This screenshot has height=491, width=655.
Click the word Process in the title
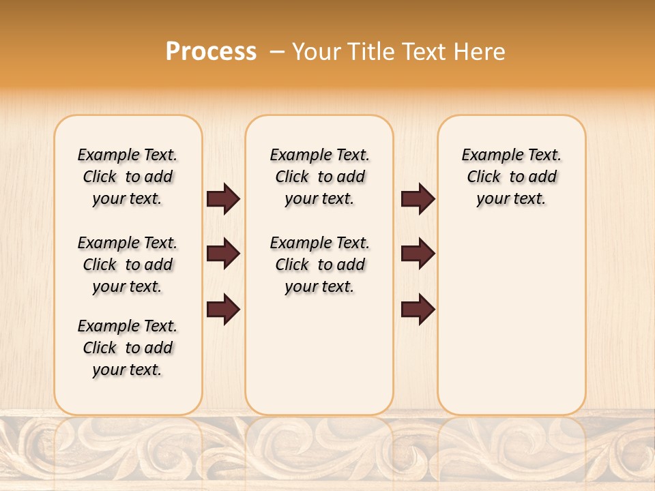tap(211, 51)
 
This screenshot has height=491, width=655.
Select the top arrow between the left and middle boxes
tap(223, 198)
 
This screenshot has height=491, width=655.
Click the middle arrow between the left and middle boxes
tap(223, 254)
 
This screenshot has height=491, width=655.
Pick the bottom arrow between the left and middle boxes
tap(223, 310)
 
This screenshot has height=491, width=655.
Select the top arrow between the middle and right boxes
tap(418, 198)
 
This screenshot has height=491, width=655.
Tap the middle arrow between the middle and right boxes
tap(418, 254)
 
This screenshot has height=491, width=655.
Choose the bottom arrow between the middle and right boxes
tap(418, 310)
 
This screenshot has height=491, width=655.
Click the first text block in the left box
tap(128, 177)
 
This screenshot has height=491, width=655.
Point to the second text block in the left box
tap(128, 265)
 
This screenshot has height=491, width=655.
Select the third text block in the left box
tap(128, 348)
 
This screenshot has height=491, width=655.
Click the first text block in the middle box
tap(319, 177)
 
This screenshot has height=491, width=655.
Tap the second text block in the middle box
tap(319, 265)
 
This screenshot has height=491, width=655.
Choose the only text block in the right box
tap(511, 177)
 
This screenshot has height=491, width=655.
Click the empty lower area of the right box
tap(511, 321)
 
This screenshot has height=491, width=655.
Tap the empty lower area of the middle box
tap(319, 355)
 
